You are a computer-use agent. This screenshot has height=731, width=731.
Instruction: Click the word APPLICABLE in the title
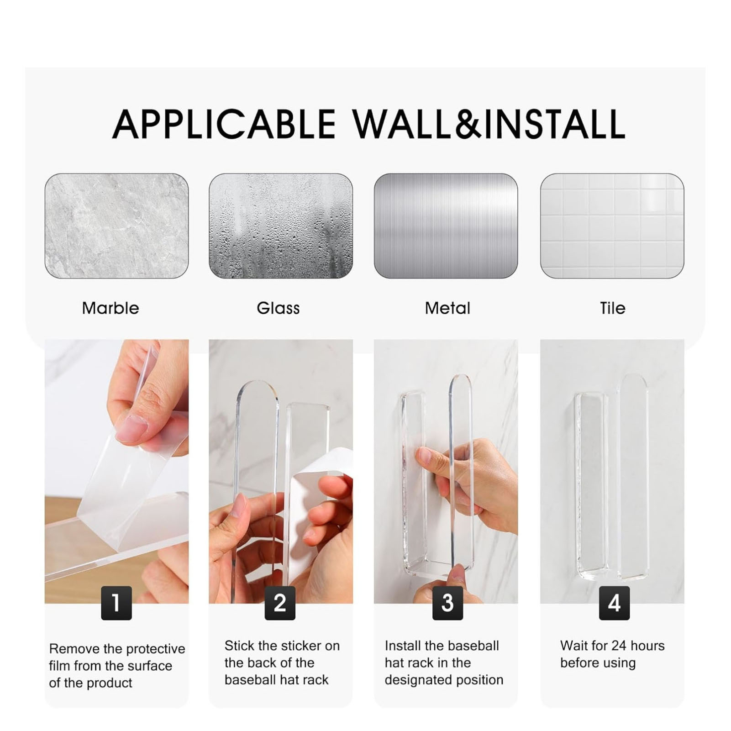224,124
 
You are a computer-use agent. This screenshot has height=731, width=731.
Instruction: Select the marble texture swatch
116,226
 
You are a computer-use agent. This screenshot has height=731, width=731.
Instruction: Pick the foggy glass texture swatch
281,226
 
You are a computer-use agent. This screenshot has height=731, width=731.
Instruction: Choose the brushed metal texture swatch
446,226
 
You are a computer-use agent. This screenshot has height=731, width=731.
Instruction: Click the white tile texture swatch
612,226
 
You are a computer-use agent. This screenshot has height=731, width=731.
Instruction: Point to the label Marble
110,308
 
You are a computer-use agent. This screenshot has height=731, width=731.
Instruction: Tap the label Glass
278,308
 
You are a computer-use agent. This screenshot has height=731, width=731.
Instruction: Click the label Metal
447,308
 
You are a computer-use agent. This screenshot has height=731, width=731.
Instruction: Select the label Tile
613,308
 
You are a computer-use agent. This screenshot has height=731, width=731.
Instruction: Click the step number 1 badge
116,603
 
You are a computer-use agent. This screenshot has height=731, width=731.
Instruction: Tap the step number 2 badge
280,603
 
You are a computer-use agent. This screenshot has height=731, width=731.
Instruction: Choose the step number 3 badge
448,603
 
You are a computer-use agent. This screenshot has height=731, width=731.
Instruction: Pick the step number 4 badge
614,603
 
